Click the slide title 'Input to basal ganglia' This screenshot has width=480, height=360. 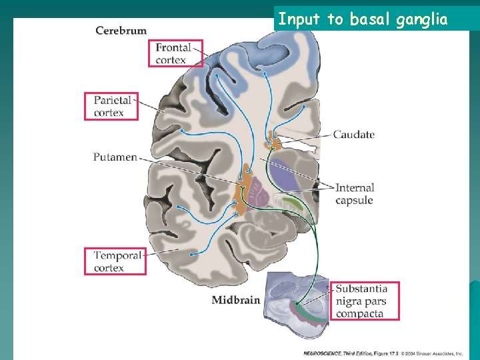tap(363, 20)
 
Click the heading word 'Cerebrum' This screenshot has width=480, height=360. tap(121, 31)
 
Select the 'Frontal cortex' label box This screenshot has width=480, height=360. tap(176, 53)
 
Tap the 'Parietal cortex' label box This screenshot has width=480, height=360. tap(111, 106)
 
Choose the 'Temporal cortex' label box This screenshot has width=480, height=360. tap(115, 261)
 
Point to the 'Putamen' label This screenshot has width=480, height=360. tap(115, 157)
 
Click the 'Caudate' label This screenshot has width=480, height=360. tap(353, 135)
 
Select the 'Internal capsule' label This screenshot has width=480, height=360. tap(355, 194)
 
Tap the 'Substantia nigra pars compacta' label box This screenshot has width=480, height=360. tap(366, 301)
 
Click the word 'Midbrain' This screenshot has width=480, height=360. tap(235, 300)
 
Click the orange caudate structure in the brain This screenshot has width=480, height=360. tap(272, 143)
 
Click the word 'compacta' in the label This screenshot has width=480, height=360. tap(360, 313)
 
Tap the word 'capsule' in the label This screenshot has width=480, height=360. tap(354, 201)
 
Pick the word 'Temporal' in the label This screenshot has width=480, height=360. tap(118, 255)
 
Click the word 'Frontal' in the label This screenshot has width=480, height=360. tap(173, 48)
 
